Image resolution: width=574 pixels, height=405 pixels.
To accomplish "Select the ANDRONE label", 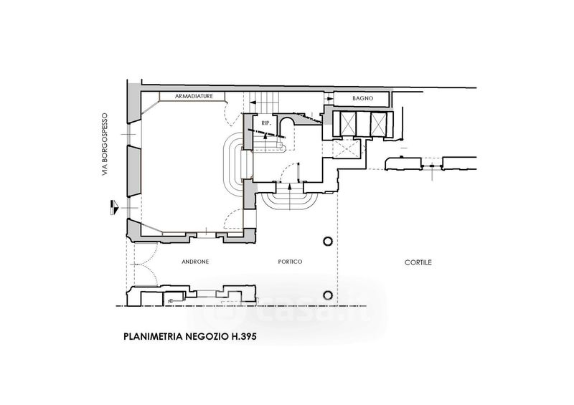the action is point(194,262).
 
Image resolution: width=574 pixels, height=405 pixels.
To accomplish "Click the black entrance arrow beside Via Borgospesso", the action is point(113,206).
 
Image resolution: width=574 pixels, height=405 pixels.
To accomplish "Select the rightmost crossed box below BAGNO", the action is point(377,123).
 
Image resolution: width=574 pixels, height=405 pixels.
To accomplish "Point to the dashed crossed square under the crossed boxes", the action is point(346,149).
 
